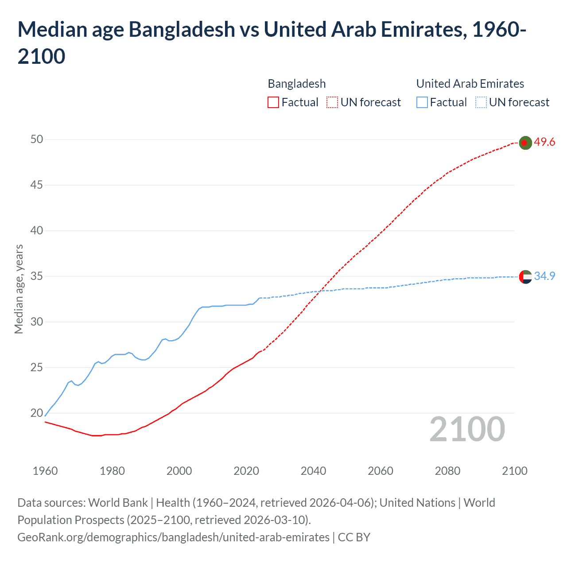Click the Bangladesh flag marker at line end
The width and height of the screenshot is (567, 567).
(x=525, y=143)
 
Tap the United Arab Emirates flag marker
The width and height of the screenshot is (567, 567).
(x=525, y=277)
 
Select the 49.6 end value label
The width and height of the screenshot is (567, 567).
(x=544, y=142)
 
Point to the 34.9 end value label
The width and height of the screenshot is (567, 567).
(x=544, y=276)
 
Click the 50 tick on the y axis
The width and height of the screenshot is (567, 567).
(x=37, y=139)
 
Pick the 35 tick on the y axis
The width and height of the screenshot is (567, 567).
(x=37, y=276)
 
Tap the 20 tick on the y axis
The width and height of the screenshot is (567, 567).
(x=37, y=413)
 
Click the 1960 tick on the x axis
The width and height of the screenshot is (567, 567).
(x=45, y=471)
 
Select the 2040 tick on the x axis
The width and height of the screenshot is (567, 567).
(x=313, y=471)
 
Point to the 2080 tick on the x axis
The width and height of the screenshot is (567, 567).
(x=447, y=471)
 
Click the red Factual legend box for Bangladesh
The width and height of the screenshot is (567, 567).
(x=273, y=103)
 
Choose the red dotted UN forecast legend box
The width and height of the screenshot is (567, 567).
(x=332, y=103)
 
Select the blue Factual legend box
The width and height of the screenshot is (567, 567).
(x=422, y=103)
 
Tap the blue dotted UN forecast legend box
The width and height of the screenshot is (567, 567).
(x=481, y=103)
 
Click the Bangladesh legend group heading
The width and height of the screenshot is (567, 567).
(x=297, y=84)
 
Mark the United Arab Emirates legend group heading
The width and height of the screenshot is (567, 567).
(x=470, y=84)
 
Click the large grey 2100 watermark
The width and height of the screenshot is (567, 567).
(x=467, y=429)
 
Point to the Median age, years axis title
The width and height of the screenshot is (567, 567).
(x=19, y=289)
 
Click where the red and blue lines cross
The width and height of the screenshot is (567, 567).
(x=320, y=291)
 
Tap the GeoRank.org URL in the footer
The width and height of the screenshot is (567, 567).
(x=173, y=537)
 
